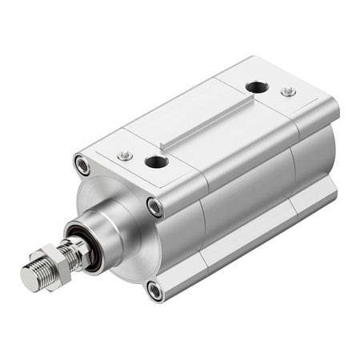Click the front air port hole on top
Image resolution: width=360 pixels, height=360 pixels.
tap(154, 162)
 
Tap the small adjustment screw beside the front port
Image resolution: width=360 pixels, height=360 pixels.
tap(123, 155)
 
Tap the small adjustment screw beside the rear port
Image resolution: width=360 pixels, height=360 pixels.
tap(288, 92)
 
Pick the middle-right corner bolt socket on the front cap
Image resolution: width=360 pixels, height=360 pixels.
tap(155, 206)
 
